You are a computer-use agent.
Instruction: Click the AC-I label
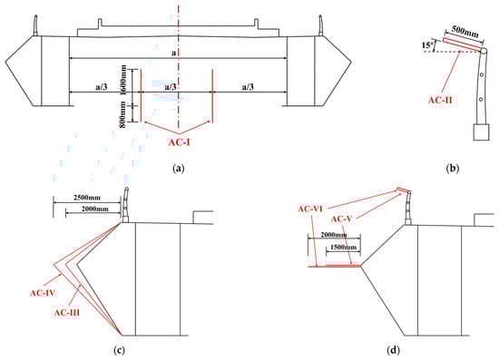pos(179,142)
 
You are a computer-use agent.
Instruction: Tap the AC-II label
pos(440,100)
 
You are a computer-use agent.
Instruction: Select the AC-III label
pos(67,313)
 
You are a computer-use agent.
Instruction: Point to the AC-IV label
pos(44,293)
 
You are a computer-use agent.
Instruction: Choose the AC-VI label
pos(310,209)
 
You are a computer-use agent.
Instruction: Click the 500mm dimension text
pos(465,33)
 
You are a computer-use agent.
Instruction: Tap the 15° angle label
pos(427,45)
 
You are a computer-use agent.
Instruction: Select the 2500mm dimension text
pos(87,198)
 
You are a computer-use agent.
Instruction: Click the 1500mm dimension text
pos(344,247)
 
